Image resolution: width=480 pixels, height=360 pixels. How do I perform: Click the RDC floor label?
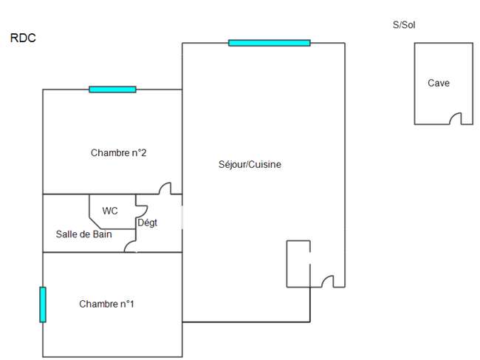[23, 38]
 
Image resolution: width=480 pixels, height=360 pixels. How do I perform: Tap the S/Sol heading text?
[404, 25]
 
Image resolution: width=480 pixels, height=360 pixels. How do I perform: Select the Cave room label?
[439, 83]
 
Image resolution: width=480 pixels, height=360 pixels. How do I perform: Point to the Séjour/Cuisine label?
[250, 164]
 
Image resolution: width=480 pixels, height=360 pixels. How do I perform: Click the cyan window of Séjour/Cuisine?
[270, 43]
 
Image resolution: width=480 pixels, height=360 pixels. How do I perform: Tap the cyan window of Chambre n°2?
[112, 89]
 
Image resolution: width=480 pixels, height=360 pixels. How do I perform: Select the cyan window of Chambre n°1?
[43, 305]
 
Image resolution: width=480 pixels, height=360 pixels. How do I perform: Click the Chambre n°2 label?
[118, 152]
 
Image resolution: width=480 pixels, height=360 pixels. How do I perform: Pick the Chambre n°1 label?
[106, 304]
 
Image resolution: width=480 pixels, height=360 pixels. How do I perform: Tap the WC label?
[110, 211]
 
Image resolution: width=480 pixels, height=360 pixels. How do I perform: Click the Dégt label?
[147, 223]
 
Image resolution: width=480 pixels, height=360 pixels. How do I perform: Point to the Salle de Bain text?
[84, 234]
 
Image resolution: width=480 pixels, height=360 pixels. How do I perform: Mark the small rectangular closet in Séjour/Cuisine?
[298, 264]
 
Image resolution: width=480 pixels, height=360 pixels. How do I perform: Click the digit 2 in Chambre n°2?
[143, 152]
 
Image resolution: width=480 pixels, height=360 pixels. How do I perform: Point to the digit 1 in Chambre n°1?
[131, 304]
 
